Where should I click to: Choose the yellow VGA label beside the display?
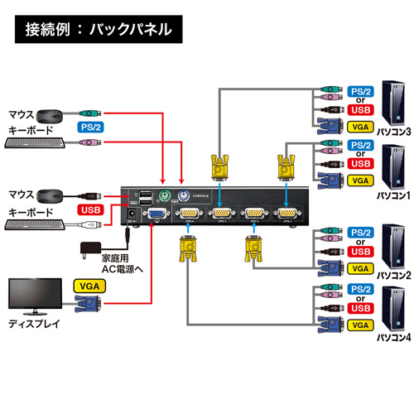89,284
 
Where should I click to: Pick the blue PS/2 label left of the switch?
91,128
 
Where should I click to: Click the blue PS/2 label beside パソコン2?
360,231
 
